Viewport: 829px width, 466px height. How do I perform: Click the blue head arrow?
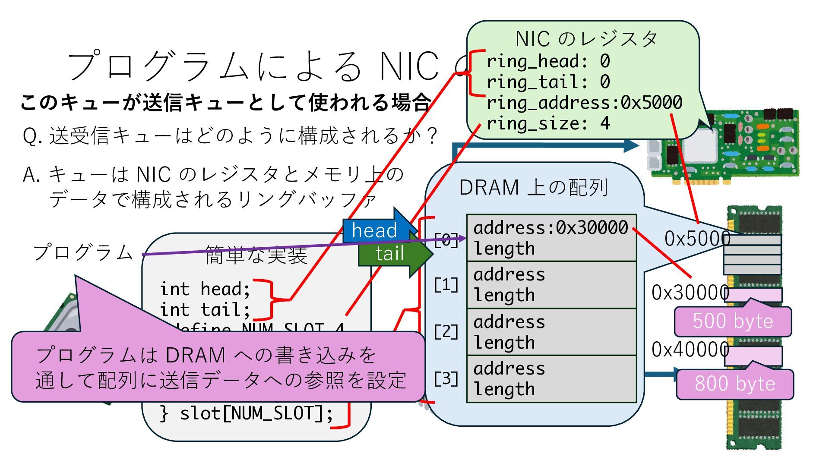tap(375, 230)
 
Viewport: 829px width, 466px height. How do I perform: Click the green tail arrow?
tap(390, 254)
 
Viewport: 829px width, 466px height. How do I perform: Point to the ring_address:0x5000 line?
tap(584, 103)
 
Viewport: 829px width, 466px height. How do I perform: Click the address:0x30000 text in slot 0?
tap(551, 227)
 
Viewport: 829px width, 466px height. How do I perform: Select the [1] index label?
tap(446, 285)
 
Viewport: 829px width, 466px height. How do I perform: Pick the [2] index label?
tap(446, 332)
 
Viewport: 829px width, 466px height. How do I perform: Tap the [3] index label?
tap(446, 379)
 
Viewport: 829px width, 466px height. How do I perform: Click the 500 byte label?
tap(733, 321)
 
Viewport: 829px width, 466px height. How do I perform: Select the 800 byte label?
tap(734, 384)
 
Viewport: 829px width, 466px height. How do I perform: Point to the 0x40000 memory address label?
tap(690, 349)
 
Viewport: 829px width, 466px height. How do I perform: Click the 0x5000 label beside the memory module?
tap(697, 238)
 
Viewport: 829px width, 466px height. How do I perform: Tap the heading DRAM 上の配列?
tap(534, 188)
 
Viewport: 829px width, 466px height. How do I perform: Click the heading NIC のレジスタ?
tap(586, 39)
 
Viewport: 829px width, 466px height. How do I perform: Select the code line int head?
tap(205, 289)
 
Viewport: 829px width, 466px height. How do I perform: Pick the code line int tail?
tap(205, 309)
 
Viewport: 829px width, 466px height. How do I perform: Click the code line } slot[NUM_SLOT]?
tap(246, 413)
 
